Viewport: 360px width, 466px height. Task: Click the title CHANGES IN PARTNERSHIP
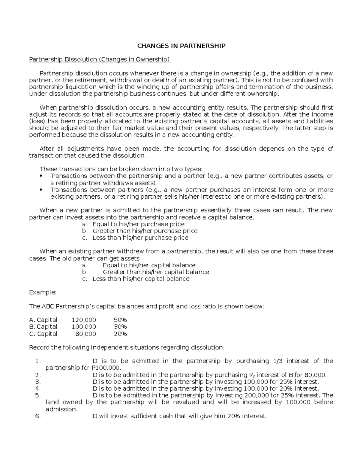pos(181,46)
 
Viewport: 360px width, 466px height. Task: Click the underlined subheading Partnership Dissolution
pos(99,59)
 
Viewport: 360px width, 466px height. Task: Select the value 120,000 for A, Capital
pos(84,320)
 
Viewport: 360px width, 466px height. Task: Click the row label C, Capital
pos(43,334)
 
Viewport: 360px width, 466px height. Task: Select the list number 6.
pos(37,416)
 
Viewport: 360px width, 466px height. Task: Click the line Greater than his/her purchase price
pos(145,231)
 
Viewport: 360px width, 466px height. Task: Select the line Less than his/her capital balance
pos(141,279)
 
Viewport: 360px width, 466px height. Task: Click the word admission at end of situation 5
pos(61,409)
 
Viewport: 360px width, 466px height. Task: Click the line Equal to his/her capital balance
pos(149,265)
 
